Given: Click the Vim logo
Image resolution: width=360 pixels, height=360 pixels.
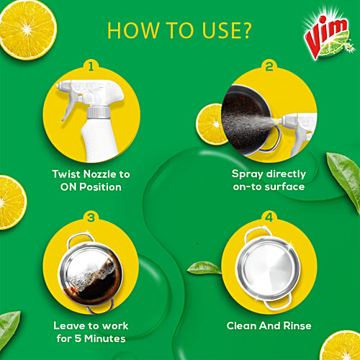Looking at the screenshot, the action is [327, 35].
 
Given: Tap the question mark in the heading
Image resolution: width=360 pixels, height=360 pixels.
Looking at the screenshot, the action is [244, 30].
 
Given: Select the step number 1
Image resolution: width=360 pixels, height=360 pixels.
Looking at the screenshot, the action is [91, 66].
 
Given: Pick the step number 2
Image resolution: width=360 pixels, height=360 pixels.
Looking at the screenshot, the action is [269, 66].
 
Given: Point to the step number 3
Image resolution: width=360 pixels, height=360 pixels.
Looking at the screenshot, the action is [91, 217].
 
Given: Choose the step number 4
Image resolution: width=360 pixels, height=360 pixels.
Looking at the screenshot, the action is [269, 217].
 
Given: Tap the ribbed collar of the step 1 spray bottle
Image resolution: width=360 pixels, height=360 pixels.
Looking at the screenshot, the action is [99, 112].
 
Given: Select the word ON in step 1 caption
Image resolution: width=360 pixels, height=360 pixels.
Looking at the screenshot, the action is [68, 187].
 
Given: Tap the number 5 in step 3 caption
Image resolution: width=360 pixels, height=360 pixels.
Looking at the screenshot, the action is [78, 338].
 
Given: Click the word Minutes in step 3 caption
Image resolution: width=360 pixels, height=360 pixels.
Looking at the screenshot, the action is [105, 338].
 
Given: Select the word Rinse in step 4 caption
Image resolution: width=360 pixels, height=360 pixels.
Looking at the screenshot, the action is [297, 325].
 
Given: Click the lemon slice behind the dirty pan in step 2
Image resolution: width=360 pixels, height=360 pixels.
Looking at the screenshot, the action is [210, 125].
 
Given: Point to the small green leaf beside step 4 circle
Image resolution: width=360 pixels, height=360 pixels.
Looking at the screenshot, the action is [204, 268].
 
